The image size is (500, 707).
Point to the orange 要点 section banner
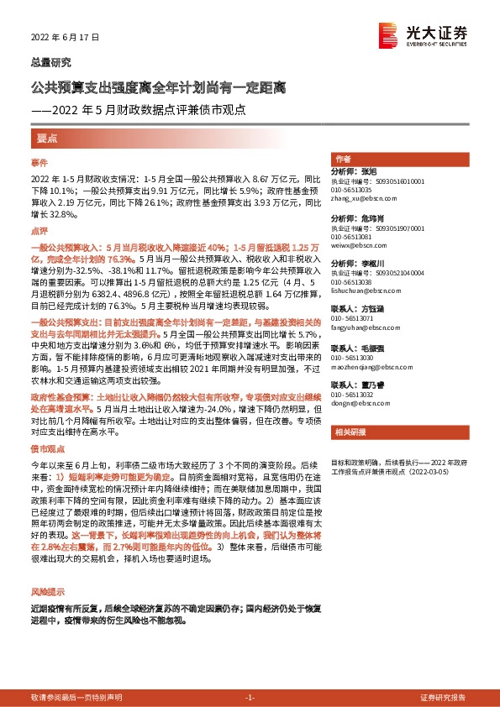pos(45,137)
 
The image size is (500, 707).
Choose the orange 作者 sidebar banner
pos(343,159)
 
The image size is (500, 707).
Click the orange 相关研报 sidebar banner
pos(349,433)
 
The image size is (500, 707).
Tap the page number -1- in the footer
pos(250,696)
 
